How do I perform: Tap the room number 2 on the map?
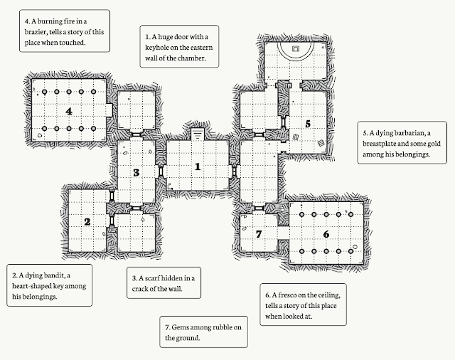(87, 222)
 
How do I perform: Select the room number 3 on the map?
(136, 172)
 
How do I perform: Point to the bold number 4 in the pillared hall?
(69, 111)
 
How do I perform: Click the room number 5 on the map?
(308, 123)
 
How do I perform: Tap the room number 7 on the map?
(259, 234)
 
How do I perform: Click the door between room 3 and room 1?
(162, 171)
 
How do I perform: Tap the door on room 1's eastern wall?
(234, 171)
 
